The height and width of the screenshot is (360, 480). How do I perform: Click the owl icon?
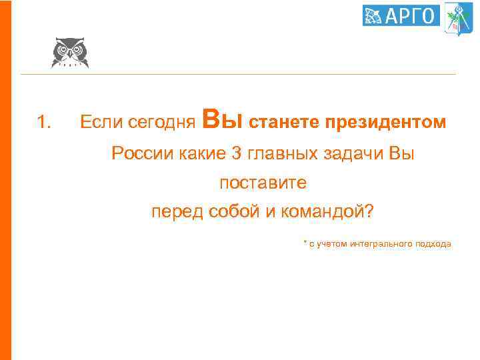pyautogui.click(x=69, y=52)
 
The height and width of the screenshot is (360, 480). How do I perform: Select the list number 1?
pyautogui.click(x=43, y=122)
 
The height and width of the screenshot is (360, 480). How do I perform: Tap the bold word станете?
pyautogui.click(x=284, y=122)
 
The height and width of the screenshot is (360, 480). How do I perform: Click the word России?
pyautogui.click(x=143, y=153)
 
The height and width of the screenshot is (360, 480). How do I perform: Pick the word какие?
pyautogui.click(x=203, y=153)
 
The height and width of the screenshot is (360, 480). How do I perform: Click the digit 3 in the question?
pyautogui.click(x=237, y=153)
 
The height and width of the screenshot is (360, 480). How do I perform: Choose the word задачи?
pyautogui.click(x=353, y=153)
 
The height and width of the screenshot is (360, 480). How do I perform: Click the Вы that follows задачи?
pyautogui.click(x=401, y=153)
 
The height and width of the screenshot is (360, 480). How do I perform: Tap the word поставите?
pyautogui.click(x=263, y=182)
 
